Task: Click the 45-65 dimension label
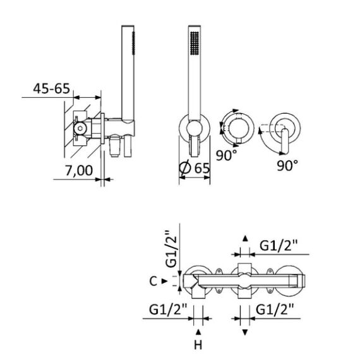click(51, 88)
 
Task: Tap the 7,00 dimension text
click(79, 171)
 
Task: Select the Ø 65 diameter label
click(195, 168)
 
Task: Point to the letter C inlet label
click(153, 281)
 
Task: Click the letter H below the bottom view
click(198, 345)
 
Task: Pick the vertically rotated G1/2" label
click(172, 249)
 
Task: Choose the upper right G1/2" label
click(279, 246)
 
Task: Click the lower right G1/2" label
click(275, 309)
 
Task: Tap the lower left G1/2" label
click(168, 309)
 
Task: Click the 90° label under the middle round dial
click(226, 155)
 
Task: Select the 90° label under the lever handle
click(287, 165)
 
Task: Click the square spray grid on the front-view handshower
click(195, 43)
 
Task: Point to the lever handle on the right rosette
click(285, 141)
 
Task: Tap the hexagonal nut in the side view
click(80, 128)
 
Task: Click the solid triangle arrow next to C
click(164, 281)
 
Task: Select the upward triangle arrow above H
click(198, 332)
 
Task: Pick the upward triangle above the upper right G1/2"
click(245, 238)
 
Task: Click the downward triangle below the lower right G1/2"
click(245, 332)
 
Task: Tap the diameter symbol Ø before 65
click(185, 168)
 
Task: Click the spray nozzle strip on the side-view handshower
click(133, 43)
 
